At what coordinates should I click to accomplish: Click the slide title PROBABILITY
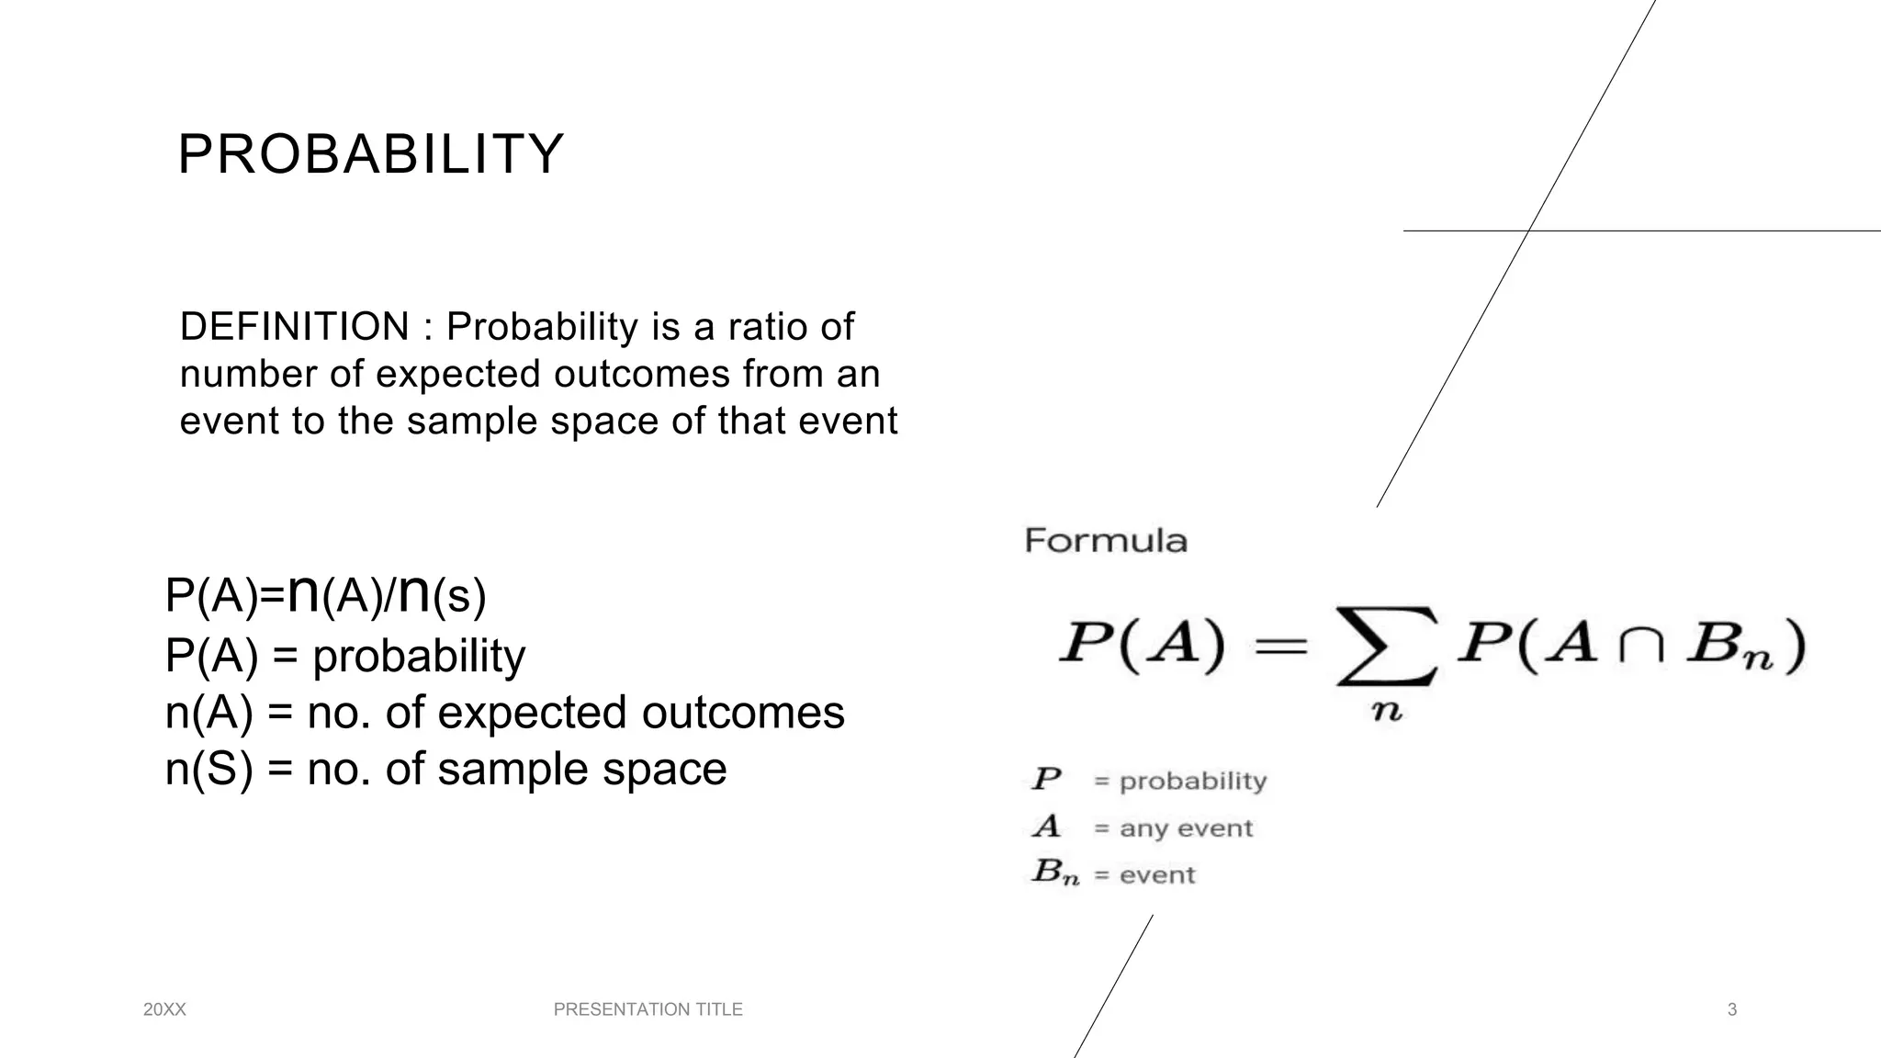[x=370, y=154]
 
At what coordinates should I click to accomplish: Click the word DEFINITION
[x=294, y=327]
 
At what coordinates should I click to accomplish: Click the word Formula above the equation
[x=1106, y=540]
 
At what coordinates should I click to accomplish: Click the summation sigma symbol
[x=1385, y=646]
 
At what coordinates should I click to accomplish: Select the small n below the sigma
[x=1387, y=712]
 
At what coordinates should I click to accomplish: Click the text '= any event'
[x=1174, y=828]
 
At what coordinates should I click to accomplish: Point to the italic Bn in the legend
[x=1053, y=872]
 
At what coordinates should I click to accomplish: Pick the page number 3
[x=1732, y=1010]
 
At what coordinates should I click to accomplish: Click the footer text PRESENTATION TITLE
[x=648, y=1010]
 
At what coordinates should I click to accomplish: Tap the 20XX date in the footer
[x=165, y=1010]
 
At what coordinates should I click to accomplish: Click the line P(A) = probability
[x=345, y=656]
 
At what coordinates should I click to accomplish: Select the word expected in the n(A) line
[x=532, y=713]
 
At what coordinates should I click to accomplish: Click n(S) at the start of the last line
[x=208, y=770]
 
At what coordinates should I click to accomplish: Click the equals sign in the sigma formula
[x=1280, y=646]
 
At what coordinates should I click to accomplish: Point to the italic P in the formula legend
[x=1046, y=780]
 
